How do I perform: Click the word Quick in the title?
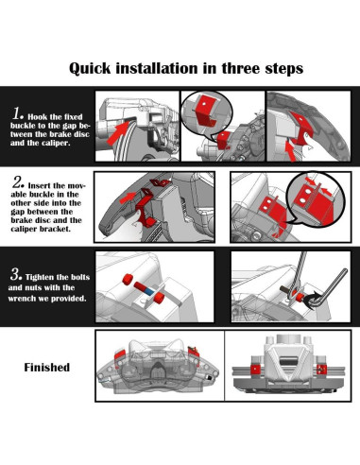click(90, 68)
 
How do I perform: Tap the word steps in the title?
click(284, 69)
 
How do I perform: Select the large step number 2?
click(18, 182)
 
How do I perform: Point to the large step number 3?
click(16, 274)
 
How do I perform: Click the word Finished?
click(47, 368)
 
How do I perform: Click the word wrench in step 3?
click(22, 299)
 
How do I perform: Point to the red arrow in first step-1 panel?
click(118, 132)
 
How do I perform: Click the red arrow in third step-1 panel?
click(291, 151)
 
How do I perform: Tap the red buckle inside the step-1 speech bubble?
click(206, 112)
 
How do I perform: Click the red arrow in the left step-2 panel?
click(128, 198)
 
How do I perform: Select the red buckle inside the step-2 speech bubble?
click(315, 201)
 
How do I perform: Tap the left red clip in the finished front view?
click(254, 370)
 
